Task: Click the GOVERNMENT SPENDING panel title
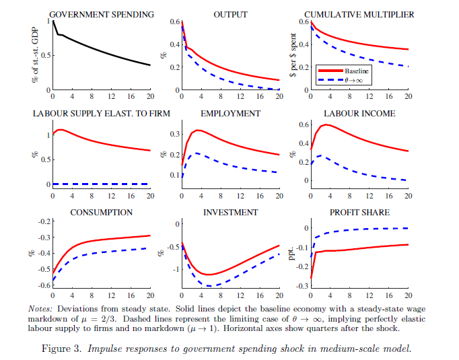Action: click(102, 14)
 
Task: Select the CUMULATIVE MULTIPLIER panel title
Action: click(359, 14)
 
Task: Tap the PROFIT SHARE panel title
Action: click(359, 213)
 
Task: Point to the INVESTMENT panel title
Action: click(229, 213)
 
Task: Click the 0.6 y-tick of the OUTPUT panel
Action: click(175, 22)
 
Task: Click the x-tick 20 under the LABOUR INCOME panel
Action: click(407, 196)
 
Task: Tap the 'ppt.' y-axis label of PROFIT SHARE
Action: click(292, 254)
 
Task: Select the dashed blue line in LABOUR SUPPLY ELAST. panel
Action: click(101, 184)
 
